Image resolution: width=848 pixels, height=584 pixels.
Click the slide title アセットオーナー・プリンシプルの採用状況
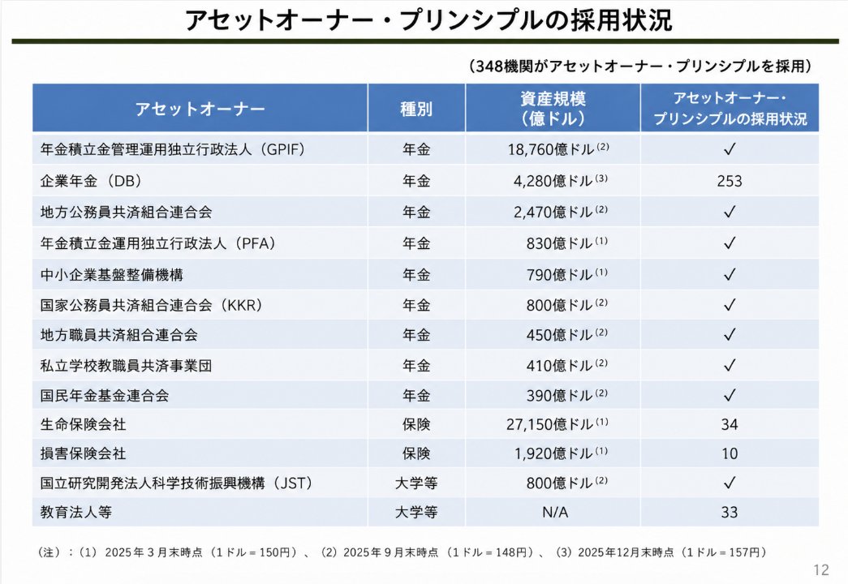[x=428, y=20]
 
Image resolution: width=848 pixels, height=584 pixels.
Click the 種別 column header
[x=416, y=109]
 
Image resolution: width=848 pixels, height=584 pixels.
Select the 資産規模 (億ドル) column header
[x=553, y=108]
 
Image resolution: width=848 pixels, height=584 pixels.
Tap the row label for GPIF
[x=173, y=149]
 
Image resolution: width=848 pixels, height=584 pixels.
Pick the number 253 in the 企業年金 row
[x=729, y=181]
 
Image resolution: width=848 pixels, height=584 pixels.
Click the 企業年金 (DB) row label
[x=91, y=181]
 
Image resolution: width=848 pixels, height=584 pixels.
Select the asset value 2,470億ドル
[x=560, y=212]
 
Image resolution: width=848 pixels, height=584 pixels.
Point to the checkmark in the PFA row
[x=730, y=243]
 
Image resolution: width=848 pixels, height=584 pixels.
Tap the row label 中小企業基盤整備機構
[x=111, y=275]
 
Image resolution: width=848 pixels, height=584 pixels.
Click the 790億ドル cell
[x=566, y=274]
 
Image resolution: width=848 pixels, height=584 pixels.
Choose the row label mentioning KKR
[x=152, y=305]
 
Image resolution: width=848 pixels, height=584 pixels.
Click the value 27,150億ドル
[x=557, y=424]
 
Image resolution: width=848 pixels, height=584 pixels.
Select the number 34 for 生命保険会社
[x=729, y=424]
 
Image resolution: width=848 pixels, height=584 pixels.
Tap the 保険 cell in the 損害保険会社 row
[x=416, y=453]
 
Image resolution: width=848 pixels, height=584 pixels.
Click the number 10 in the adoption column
[x=729, y=453]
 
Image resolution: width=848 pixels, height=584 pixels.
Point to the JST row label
[x=176, y=483]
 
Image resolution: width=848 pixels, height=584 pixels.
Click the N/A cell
[x=555, y=512]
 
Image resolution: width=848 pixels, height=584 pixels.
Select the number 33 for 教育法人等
[x=729, y=512]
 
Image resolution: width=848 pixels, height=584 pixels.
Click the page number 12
[x=820, y=569]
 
